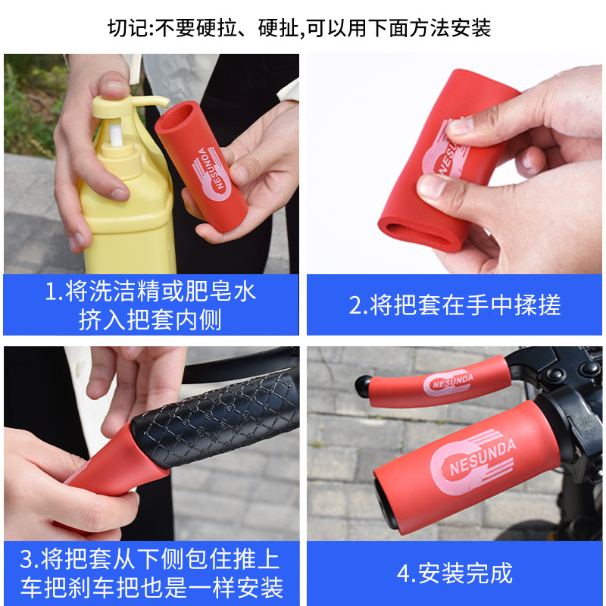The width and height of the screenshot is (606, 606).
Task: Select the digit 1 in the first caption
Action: click(51, 292)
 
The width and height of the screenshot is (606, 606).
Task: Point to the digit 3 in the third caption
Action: click(27, 561)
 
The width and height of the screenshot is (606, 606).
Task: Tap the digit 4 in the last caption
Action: click(403, 573)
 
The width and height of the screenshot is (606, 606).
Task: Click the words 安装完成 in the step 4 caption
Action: click(464, 573)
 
